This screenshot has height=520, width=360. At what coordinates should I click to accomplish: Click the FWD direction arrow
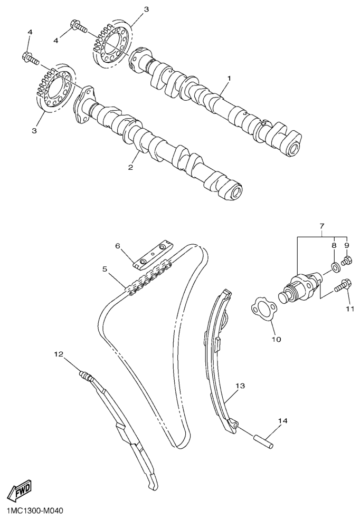pos(20,490)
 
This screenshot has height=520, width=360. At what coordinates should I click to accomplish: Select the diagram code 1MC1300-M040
pos(32,512)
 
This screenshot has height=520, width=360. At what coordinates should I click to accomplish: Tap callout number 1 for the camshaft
pos(229,78)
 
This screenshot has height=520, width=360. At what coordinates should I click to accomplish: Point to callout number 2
pos(130,168)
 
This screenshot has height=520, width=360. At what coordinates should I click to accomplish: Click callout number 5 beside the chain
pos(105,269)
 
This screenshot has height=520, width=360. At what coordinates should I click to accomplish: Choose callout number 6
pos(117,246)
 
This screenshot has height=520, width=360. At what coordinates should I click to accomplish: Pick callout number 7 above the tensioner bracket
pos(322,226)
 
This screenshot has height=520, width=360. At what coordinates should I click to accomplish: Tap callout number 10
pos(276,339)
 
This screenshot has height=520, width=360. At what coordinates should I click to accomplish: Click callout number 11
pos(350,309)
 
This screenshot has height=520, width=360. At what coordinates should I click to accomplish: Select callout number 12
pos(59,354)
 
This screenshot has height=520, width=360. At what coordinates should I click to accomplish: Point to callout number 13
pos(240,386)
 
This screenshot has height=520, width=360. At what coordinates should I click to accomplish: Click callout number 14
pos(282,421)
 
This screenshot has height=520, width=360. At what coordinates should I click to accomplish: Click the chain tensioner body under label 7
pos(299,285)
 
